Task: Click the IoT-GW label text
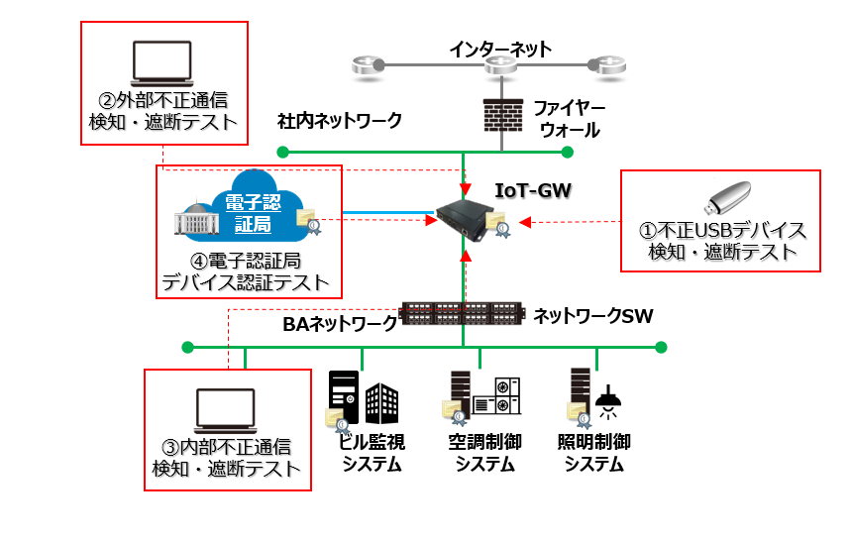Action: click(x=533, y=188)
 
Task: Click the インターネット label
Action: click(x=499, y=49)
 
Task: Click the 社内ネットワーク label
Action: click(x=340, y=121)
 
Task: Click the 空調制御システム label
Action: click(x=483, y=453)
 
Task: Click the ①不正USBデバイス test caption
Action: click(x=721, y=241)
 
